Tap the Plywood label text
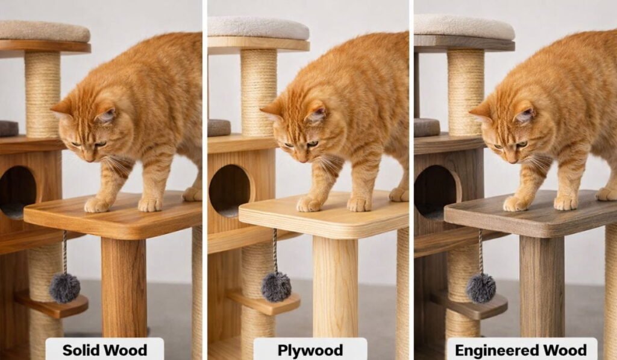[310, 350]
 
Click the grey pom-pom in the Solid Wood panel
[64, 288]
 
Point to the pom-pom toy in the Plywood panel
[276, 286]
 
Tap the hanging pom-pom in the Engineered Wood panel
[481, 288]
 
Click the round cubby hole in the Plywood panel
[230, 191]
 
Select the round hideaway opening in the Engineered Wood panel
[437, 192]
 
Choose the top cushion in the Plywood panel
[258, 28]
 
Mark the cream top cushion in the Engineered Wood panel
[465, 27]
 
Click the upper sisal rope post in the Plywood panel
[258, 93]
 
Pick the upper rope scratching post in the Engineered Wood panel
[466, 93]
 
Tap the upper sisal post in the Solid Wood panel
[43, 95]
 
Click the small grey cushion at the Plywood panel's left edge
[219, 128]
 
